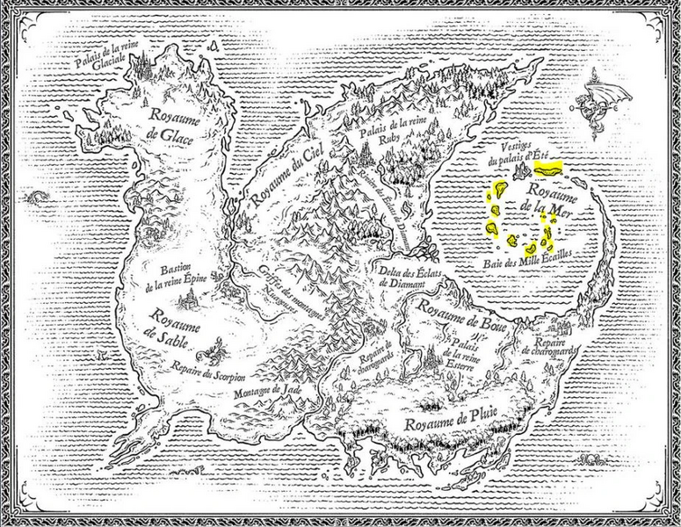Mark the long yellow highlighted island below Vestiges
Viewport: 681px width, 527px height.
pyautogui.click(x=551, y=166)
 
